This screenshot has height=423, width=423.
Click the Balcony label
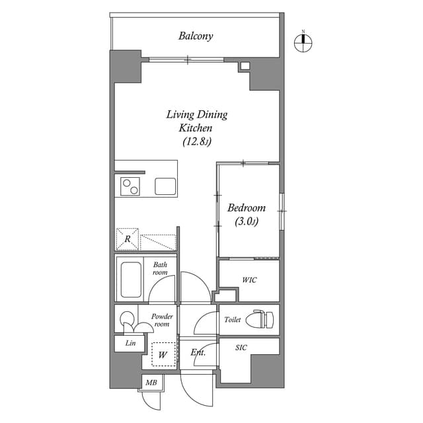click(x=196, y=36)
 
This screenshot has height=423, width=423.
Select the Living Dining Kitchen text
click(x=196, y=121)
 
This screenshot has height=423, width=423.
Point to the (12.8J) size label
click(x=196, y=141)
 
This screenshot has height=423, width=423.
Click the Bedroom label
click(x=246, y=208)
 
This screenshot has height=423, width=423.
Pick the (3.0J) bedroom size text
click(x=246, y=222)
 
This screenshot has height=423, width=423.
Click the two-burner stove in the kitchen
click(x=130, y=186)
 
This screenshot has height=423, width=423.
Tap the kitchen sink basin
click(x=165, y=186)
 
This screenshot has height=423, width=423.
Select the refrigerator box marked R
click(x=127, y=239)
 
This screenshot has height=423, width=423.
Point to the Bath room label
click(x=160, y=269)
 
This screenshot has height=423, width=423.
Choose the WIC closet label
click(x=249, y=280)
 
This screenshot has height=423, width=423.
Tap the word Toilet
click(x=232, y=319)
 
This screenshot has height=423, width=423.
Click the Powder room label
click(x=162, y=321)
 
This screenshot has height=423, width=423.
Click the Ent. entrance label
click(x=198, y=353)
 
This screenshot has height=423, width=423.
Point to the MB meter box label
click(x=150, y=382)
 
